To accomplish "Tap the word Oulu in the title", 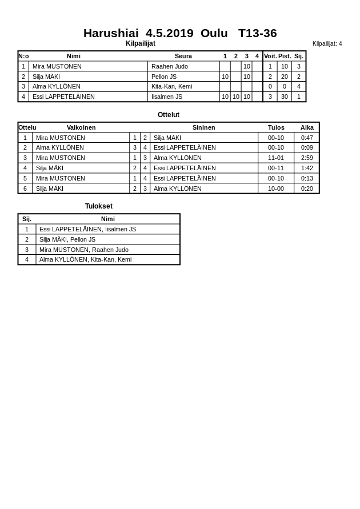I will (214, 33).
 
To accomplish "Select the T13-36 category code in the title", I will (257, 33).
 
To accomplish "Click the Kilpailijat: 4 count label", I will (327, 43).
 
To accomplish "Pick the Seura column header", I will (183, 56).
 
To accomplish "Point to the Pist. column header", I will (285, 56).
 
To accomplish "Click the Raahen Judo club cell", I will (170, 66).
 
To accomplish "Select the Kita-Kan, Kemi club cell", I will (171, 86).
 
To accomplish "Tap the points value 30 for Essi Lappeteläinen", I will (285, 97).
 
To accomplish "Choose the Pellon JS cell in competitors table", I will (164, 77).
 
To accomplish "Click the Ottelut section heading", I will (169, 115).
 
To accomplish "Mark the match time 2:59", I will (307, 158).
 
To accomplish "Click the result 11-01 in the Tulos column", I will (276, 158).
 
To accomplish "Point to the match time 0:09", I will (307, 147).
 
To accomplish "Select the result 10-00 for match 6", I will (276, 189).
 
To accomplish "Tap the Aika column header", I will (307, 127).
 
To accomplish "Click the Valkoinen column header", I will (81, 127).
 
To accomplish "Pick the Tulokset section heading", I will (99, 206).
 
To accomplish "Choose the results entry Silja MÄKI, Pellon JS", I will (67, 239).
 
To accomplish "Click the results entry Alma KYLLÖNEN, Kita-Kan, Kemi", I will (85, 259).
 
